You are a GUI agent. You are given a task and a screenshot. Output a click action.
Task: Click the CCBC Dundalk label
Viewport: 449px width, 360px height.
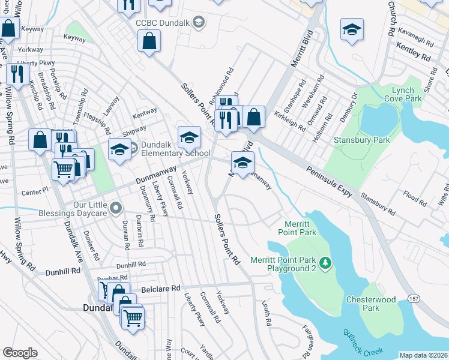(163, 22)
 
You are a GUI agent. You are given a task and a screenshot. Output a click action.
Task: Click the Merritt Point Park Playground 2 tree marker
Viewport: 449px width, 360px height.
(325, 263)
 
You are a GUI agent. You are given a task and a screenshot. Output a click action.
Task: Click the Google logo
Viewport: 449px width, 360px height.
(20, 353)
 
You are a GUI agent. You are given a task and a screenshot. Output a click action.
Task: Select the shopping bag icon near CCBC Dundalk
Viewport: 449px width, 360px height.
(148, 42)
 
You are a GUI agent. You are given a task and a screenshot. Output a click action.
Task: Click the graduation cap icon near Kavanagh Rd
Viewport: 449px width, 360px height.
(352, 29)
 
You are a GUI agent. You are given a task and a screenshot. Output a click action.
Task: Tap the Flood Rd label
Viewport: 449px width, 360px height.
(415, 196)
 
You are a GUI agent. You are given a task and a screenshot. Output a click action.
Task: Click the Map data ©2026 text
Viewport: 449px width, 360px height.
(423, 355)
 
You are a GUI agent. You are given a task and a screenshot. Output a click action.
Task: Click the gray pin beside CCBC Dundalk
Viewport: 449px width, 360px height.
(200, 22)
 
